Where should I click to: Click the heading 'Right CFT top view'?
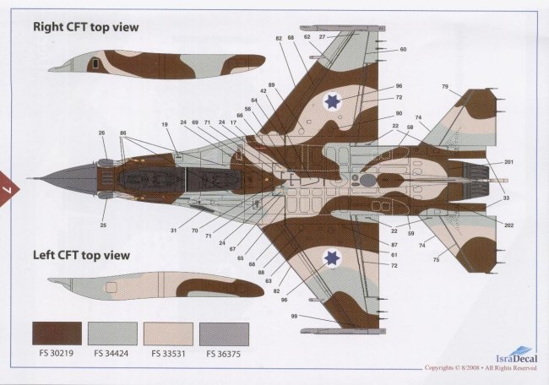86,27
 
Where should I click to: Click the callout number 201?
508,162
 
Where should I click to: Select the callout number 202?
508,225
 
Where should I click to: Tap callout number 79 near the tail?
468,87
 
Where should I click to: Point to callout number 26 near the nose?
102,133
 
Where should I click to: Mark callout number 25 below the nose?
102,225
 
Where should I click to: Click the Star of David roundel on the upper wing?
333,102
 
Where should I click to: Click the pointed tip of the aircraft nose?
28,178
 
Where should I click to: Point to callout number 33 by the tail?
507,198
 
